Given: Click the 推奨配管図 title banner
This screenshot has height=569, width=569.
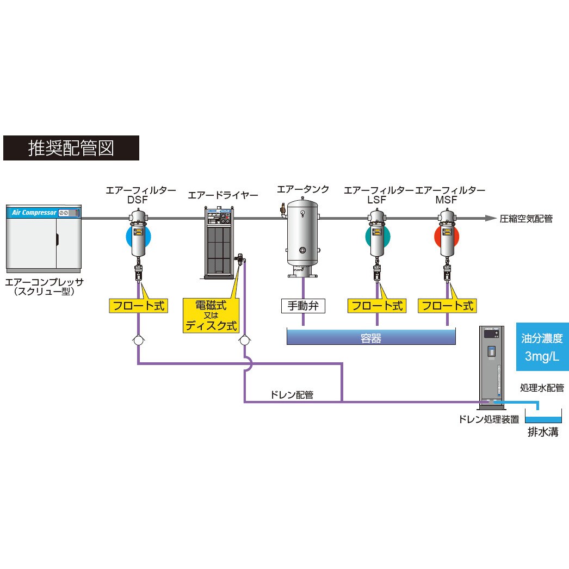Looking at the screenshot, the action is tap(71, 148).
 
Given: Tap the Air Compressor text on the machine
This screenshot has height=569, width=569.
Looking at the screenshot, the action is tap(34, 213).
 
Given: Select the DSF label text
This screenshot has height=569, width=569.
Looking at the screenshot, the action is tap(138, 200).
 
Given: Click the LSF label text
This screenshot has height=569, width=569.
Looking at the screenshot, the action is tap(376, 200).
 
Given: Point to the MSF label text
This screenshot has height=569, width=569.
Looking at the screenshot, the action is tap(447, 200).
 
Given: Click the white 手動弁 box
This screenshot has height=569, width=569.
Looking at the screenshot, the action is tap(303, 306).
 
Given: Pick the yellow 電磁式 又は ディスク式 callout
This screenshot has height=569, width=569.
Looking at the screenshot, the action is tap(211, 316).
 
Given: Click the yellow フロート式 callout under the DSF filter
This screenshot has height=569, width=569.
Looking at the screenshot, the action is tap(139, 306).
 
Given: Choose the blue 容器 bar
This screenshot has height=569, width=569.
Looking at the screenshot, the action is tap(371, 337).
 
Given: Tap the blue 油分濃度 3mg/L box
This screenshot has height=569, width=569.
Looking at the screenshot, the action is tap(542, 347).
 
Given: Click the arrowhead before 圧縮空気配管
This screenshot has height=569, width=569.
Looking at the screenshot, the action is tap(491, 218).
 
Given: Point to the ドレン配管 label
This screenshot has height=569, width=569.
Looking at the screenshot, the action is tap(292, 395).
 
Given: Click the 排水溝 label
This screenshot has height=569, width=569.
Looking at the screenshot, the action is tap(543, 432).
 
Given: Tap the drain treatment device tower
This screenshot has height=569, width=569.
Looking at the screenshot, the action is tap(492, 367).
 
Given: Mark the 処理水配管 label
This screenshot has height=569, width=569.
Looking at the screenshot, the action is tap(542, 388).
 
